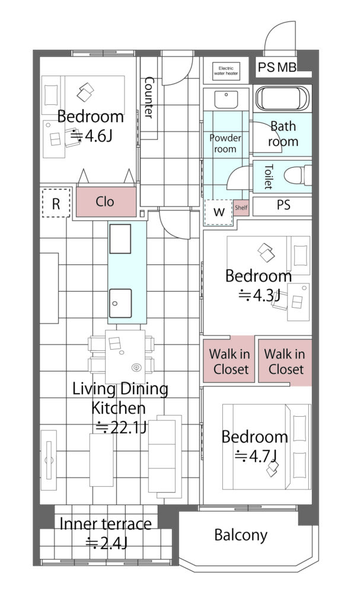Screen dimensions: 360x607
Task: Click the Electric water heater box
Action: point(227,71)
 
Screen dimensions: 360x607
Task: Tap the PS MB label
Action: point(277,68)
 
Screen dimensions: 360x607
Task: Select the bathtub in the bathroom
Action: point(282,98)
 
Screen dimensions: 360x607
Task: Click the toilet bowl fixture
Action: point(298,175)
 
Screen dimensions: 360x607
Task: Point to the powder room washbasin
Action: point(227,100)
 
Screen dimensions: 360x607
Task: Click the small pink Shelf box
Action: point(241,208)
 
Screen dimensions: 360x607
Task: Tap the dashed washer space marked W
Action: point(219,212)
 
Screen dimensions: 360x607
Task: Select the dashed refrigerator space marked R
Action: point(56,203)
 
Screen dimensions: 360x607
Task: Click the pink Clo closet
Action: point(106,202)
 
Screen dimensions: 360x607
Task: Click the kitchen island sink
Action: point(120,303)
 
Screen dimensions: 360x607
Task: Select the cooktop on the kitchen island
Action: point(120,239)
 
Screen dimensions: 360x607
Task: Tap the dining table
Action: point(125,356)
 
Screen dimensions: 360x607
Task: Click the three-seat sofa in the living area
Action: point(165,457)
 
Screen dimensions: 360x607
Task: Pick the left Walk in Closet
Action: point(229,361)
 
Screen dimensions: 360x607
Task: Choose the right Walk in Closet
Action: point(285,362)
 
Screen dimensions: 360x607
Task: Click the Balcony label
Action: point(241,535)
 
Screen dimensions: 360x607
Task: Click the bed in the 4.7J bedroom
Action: point(267,447)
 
